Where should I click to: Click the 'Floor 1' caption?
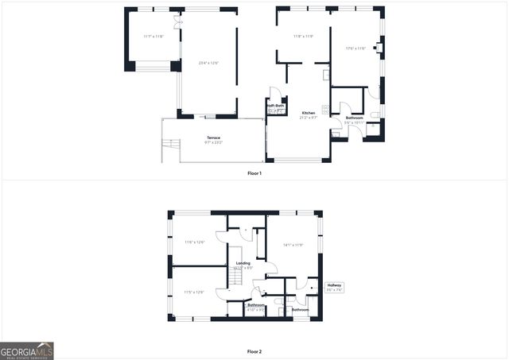click(x=254, y=172)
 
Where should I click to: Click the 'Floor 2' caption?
click(x=254, y=351)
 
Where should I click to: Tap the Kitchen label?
click(x=308, y=113)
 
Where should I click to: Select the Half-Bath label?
click(x=275, y=106)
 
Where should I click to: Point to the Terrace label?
click(x=213, y=138)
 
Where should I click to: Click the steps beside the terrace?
click(x=169, y=148)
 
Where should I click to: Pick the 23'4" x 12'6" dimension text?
click(x=208, y=62)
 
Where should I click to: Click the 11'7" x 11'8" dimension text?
click(x=153, y=37)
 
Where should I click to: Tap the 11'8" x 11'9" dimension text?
click(x=303, y=36)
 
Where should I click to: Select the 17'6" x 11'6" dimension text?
click(x=356, y=48)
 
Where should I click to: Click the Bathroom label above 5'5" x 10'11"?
click(x=354, y=118)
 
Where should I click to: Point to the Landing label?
click(x=243, y=263)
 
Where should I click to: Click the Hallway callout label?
click(x=334, y=285)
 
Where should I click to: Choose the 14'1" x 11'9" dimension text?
click(x=292, y=245)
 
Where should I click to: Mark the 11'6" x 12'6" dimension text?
click(x=195, y=242)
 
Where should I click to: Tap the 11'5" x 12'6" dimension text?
click(x=194, y=292)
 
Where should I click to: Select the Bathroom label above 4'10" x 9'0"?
click(x=255, y=304)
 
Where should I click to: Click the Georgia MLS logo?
click(x=27, y=350)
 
